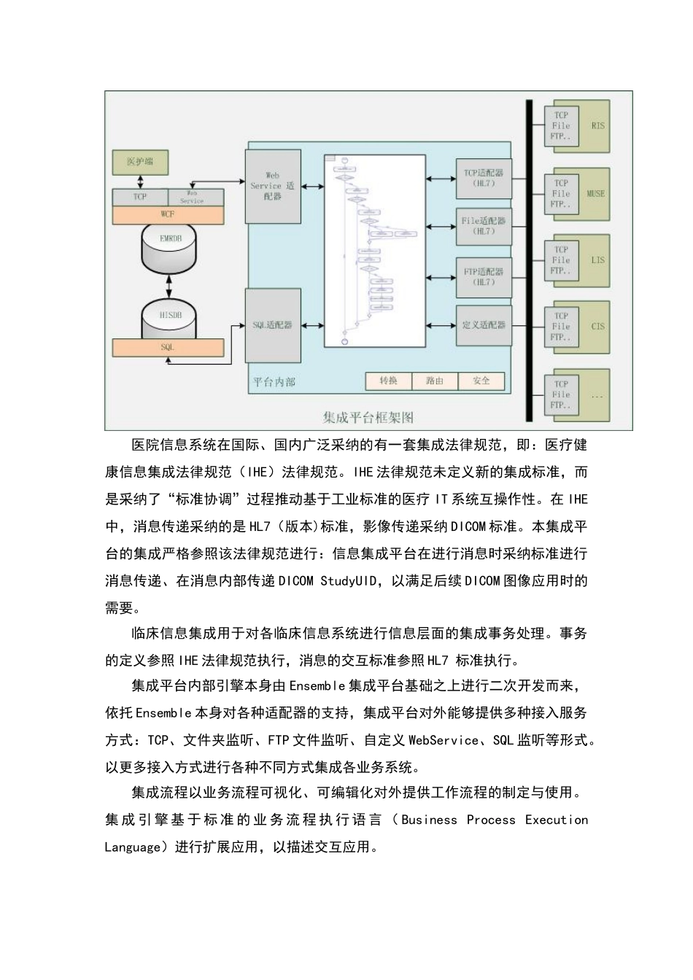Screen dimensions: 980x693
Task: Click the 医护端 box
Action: tap(140, 162)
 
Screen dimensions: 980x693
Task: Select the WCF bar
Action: tap(167, 215)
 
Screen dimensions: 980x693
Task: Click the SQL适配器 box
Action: tap(273, 324)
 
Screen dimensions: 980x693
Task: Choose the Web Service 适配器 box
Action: tap(273, 187)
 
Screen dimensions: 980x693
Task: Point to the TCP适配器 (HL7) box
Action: tap(484, 179)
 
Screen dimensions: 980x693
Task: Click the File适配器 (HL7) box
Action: tap(484, 226)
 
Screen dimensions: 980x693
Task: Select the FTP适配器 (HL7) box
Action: tap(484, 277)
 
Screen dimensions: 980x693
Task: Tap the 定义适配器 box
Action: tap(484, 324)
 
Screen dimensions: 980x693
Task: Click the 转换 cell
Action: tap(389, 381)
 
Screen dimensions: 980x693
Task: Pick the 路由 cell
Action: tap(435, 381)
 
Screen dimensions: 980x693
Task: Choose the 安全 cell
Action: tap(481, 381)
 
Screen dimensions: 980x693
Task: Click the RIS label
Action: tap(598, 126)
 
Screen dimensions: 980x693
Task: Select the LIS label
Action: tap(598, 260)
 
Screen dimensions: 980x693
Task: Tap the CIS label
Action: tap(598, 327)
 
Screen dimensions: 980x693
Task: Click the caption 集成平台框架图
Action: tap(368, 418)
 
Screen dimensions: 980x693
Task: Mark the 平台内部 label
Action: tap(274, 381)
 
